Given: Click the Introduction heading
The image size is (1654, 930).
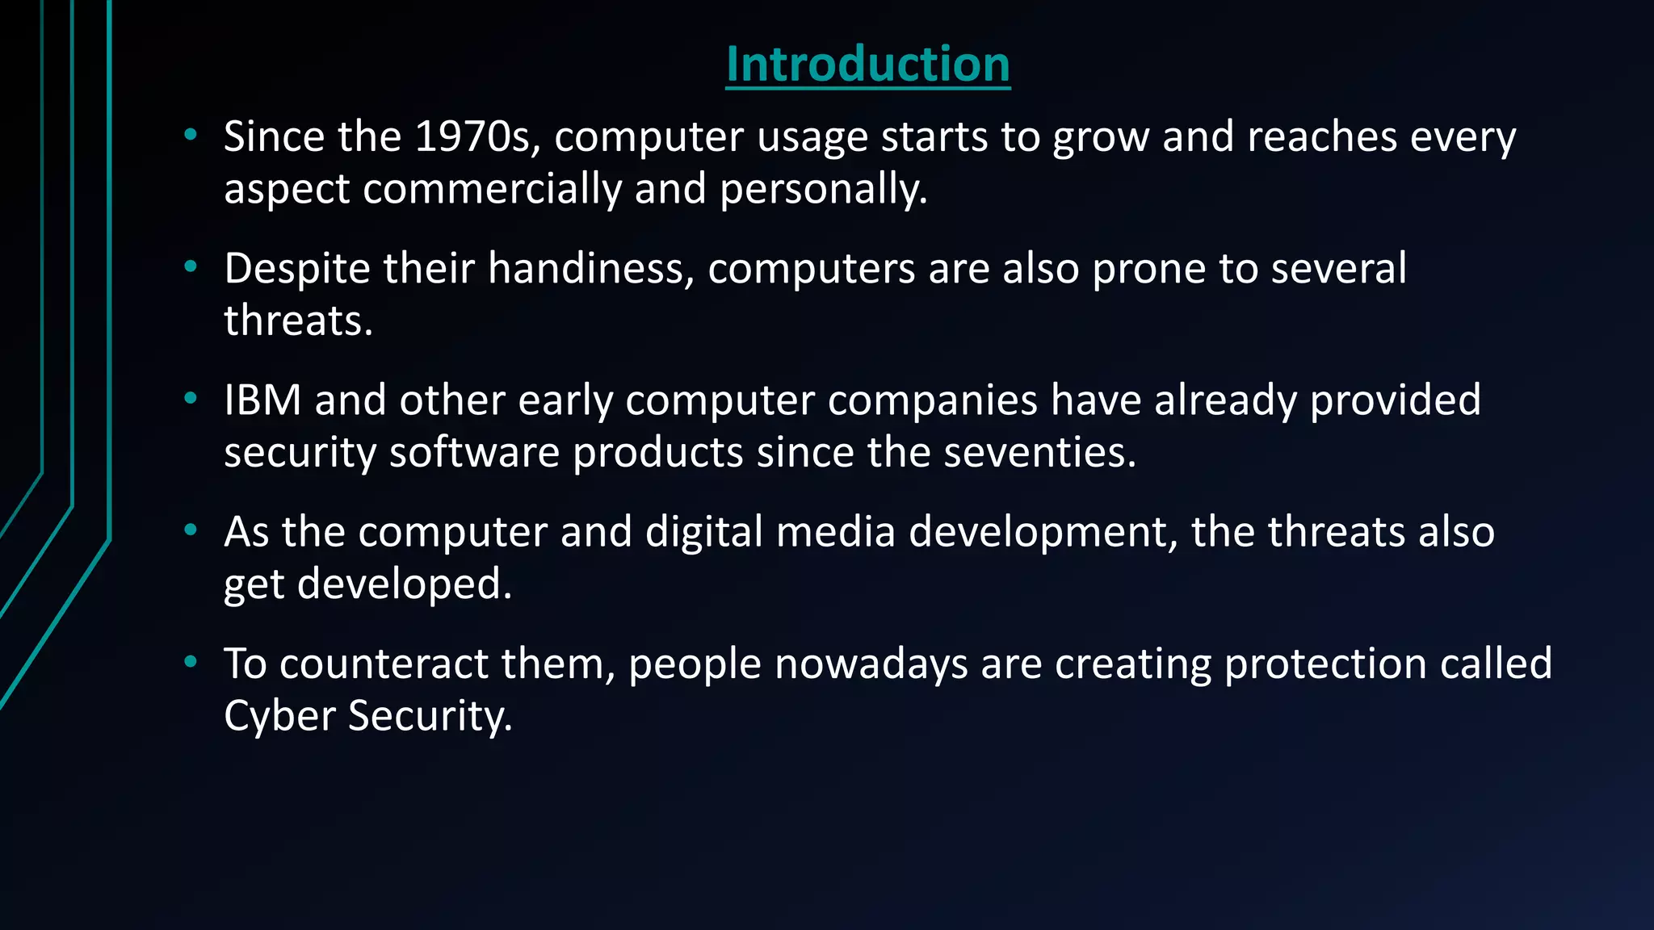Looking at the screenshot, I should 867,64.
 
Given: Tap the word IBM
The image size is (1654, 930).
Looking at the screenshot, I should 262,400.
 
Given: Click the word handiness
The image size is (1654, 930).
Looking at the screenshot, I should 590,269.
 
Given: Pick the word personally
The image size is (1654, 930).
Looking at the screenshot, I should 823,189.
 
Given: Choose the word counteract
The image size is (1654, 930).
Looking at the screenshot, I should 384,664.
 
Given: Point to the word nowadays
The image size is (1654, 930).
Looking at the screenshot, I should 871,664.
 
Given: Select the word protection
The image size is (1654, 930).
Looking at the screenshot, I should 1325,664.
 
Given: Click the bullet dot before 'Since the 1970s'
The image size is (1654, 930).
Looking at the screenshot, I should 191,135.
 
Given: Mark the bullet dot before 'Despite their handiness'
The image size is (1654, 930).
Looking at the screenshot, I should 191,266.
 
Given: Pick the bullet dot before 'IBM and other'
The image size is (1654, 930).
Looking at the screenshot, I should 191,398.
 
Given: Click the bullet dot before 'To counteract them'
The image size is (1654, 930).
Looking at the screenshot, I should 191,662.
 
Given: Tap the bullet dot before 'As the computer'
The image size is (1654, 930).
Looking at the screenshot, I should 191,530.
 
